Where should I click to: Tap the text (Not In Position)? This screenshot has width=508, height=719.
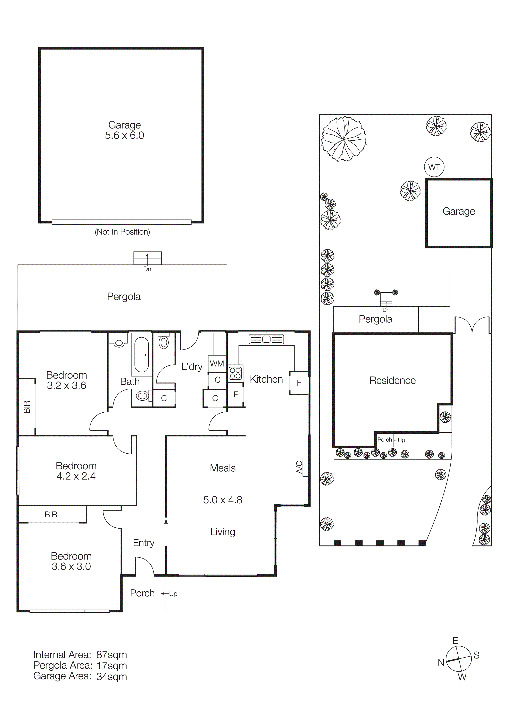point(122,232)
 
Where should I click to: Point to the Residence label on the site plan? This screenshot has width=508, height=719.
point(392,380)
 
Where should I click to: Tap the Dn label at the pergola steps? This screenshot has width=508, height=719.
point(147,269)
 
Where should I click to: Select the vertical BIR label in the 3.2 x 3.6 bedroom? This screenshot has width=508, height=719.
point(27,407)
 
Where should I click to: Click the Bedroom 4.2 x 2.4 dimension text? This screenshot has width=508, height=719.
point(76,476)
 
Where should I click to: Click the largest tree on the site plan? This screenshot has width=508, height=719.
point(344,139)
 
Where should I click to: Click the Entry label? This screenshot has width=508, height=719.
point(143,543)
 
